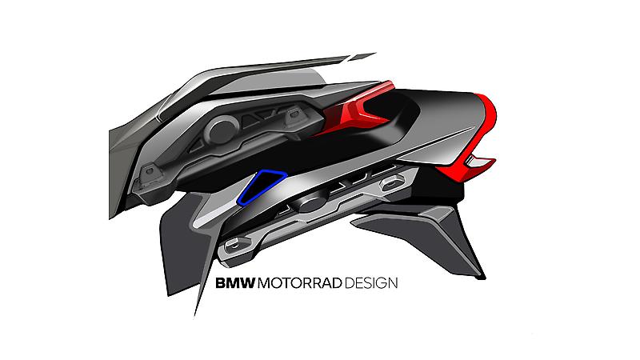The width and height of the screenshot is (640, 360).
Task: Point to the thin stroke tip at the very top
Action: click(373, 54)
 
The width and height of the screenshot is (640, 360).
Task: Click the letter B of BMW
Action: click(221, 283)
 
